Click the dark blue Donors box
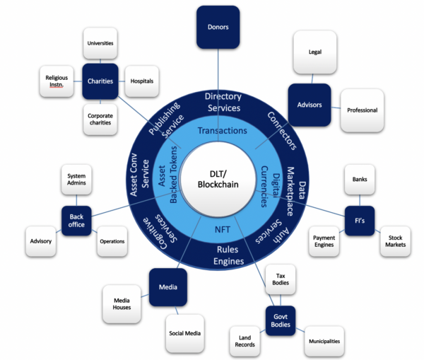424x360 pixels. click(x=218, y=28)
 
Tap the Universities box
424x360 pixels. click(x=100, y=43)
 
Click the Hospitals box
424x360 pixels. click(x=142, y=81)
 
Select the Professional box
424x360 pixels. click(x=362, y=110)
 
